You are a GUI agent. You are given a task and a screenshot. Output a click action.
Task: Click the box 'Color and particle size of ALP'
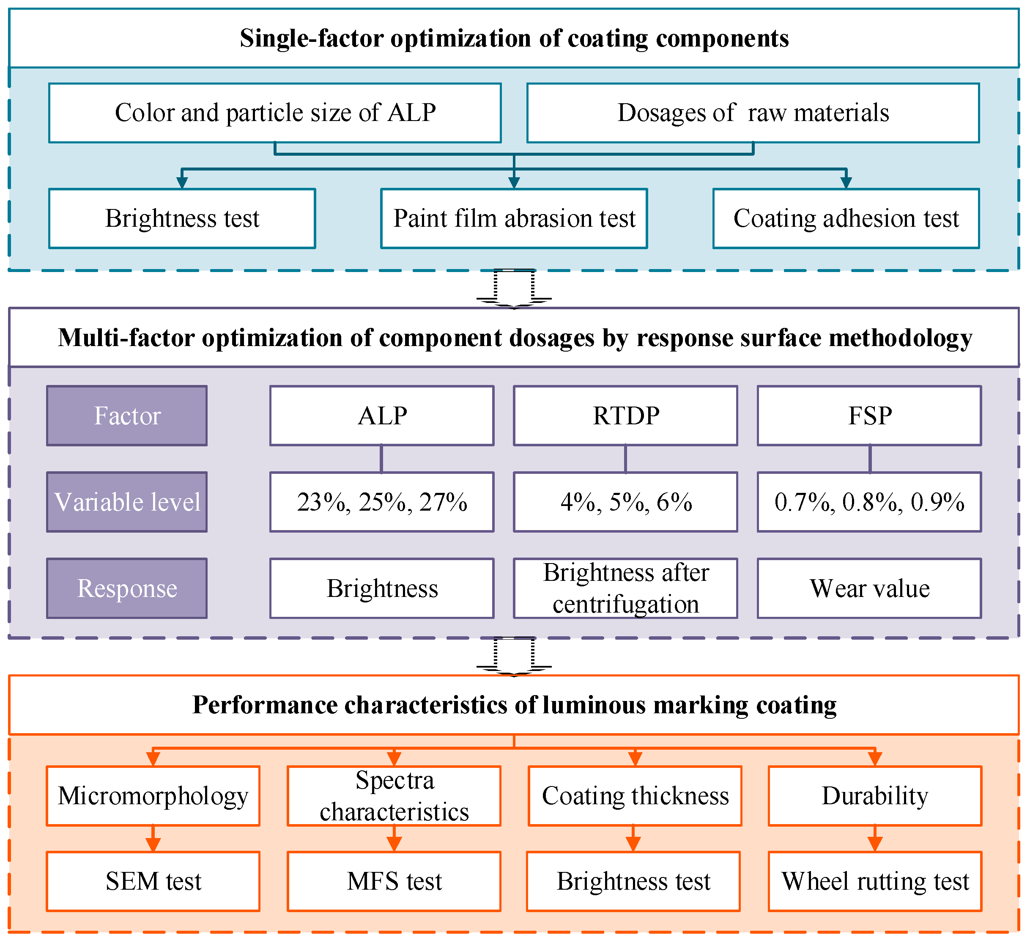275,113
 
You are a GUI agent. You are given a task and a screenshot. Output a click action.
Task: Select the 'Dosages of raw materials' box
753,113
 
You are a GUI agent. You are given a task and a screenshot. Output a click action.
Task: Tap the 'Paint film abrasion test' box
514,219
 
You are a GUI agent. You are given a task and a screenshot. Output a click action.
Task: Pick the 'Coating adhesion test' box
846,219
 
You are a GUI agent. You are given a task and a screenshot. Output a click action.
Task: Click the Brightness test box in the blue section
182,219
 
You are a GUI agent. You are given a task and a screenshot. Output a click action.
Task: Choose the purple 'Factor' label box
127,416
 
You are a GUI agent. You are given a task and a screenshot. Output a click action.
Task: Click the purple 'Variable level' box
127,502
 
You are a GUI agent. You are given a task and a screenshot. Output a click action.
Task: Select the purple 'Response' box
127,588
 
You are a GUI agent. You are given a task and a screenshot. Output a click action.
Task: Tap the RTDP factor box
625,416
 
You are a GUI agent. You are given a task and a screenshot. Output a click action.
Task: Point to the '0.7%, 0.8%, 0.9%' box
869,502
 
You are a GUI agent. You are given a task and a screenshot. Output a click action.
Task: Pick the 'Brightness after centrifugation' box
625,588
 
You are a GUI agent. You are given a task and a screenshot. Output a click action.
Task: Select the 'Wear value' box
869,588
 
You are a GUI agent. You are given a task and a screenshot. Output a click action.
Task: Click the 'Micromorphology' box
153,796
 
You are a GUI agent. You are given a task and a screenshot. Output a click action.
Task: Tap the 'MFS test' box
394,882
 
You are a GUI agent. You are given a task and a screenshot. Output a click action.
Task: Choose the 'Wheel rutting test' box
875,882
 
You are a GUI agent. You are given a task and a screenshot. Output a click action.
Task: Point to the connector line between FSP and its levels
870,459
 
